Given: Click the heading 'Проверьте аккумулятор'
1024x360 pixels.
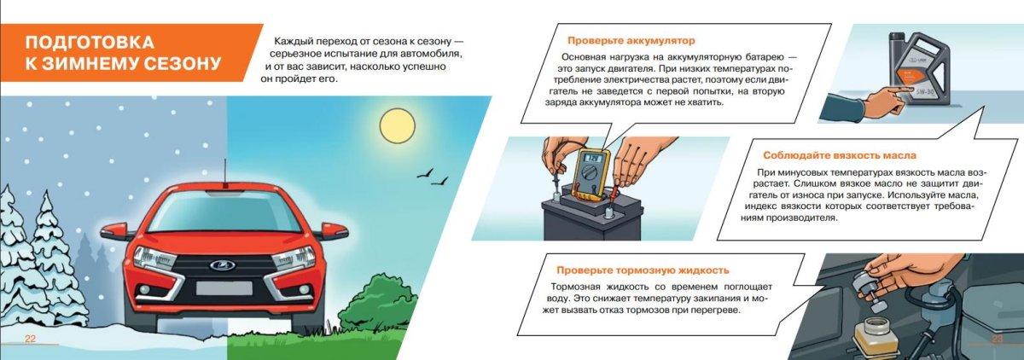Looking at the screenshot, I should (x=631, y=40).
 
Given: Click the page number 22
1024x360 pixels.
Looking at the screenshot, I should (x=29, y=340).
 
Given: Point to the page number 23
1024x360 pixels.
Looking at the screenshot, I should (x=997, y=340).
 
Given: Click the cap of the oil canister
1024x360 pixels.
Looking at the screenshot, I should (x=899, y=38).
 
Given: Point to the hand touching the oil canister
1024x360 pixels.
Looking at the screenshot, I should (x=870, y=102).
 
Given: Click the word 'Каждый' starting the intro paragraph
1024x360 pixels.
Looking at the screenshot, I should (x=293, y=41).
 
